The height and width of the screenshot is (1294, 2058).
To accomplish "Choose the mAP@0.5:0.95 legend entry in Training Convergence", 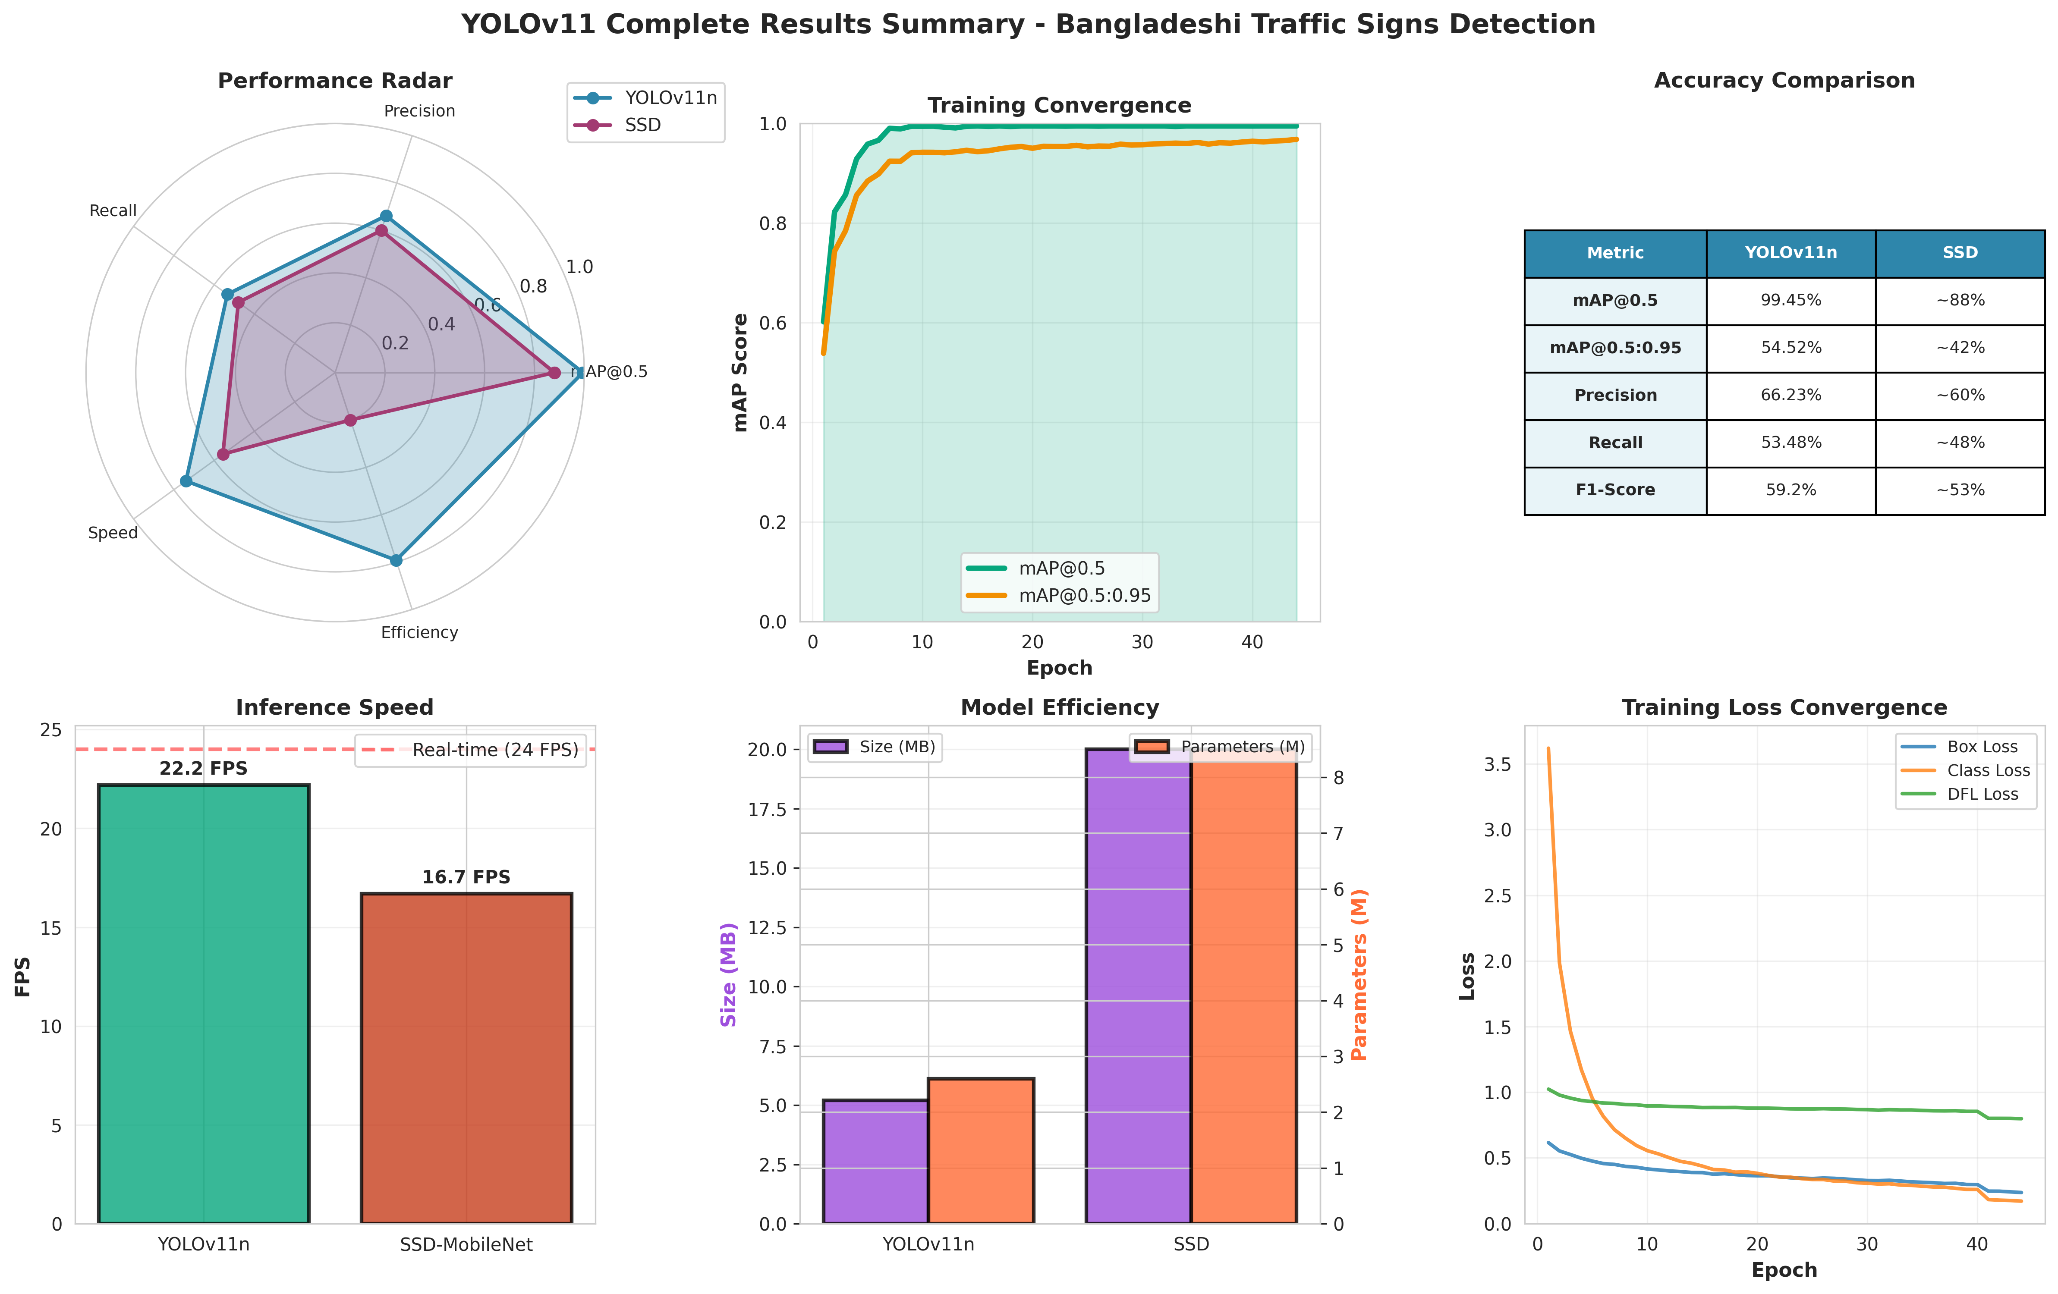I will tap(1084, 596).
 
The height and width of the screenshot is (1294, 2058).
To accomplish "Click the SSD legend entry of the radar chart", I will tap(643, 125).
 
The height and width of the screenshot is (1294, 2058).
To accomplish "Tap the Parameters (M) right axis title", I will tap(1359, 974).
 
